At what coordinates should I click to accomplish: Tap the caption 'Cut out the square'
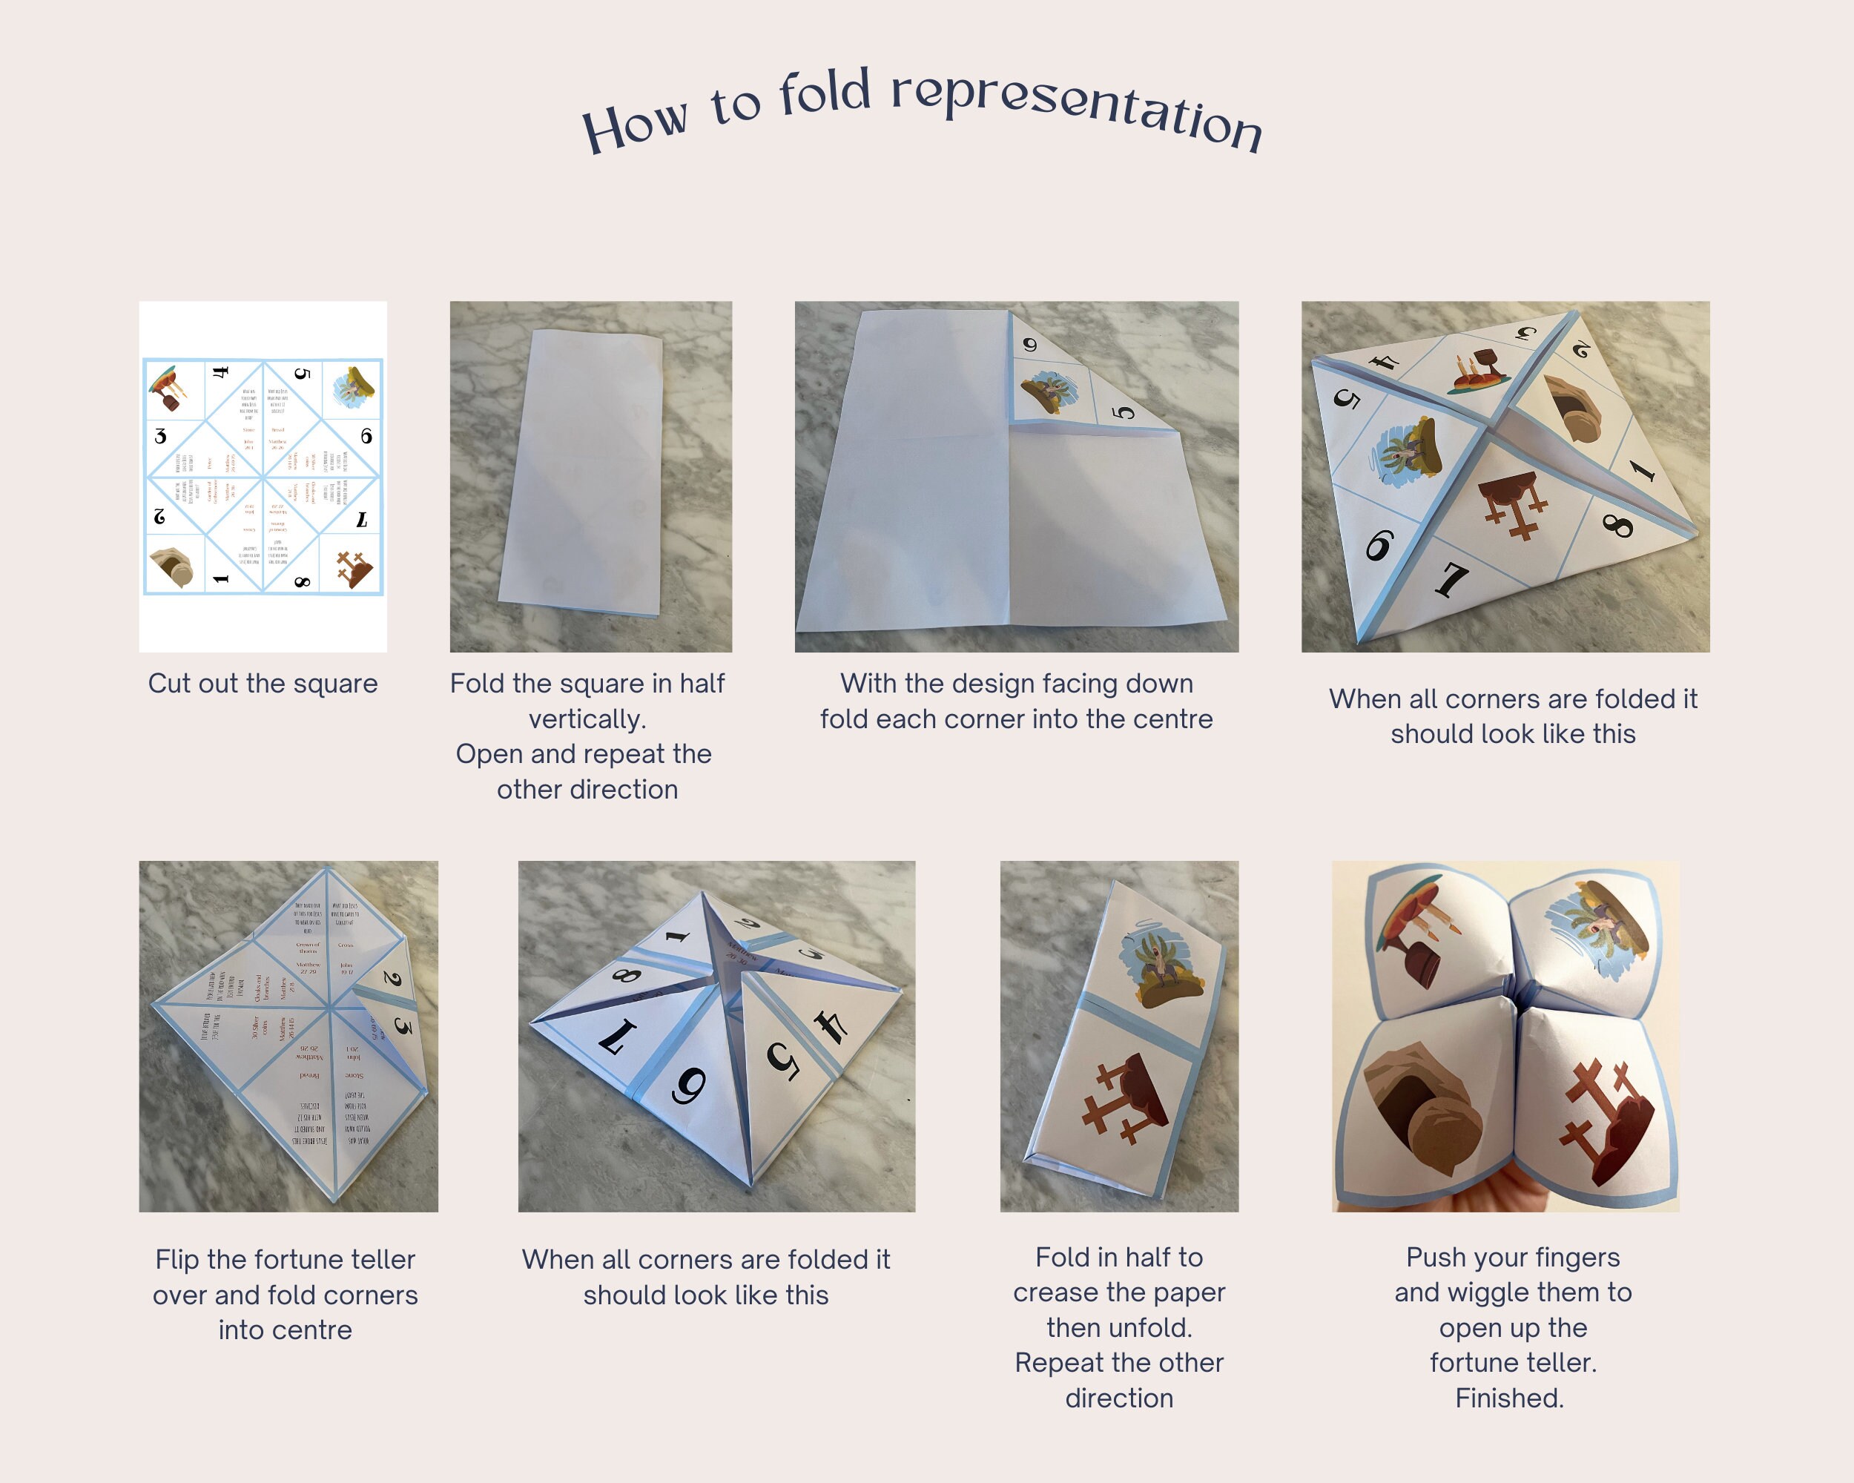[263, 684]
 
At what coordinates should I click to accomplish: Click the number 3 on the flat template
[161, 436]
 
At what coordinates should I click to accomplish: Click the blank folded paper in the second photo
[584, 473]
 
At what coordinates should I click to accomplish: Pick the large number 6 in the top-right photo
[1379, 544]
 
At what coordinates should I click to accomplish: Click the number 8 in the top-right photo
[1617, 523]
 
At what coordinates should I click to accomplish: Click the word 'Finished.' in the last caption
[1509, 1398]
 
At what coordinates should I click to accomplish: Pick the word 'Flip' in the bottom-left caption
[177, 1260]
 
